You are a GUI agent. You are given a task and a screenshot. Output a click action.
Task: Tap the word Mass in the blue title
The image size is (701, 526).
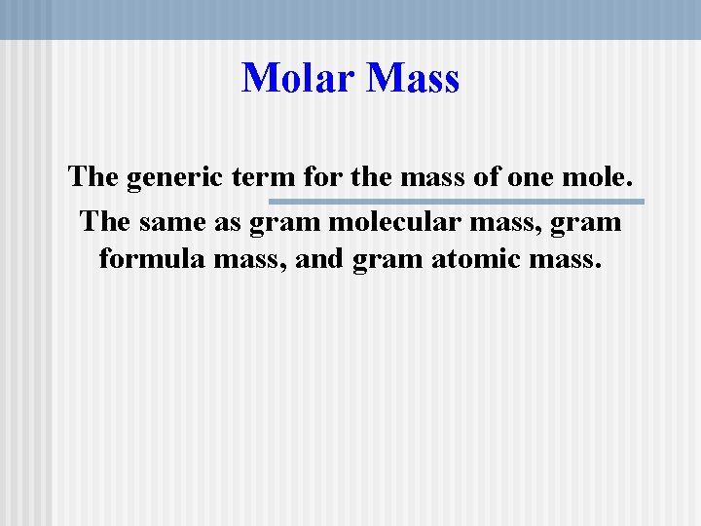414,78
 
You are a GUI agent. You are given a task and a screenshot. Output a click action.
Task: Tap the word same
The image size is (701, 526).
179,221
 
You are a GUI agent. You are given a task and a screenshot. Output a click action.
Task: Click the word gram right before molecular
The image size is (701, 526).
284,223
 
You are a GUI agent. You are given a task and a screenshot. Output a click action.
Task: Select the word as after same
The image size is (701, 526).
230,223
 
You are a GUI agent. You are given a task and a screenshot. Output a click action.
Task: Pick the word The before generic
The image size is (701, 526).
92,178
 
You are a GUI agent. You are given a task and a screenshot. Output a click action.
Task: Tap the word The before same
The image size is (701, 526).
105,221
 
